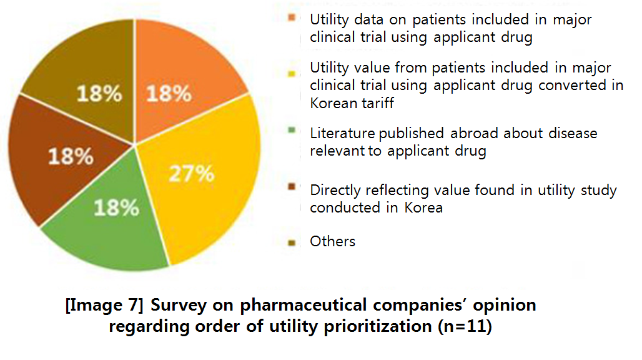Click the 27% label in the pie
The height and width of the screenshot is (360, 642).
point(192,173)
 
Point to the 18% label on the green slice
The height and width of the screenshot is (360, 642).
point(116,207)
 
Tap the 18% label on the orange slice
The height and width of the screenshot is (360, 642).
point(168,94)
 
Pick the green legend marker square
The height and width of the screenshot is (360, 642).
point(292,131)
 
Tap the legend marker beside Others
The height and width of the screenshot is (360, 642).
point(292,242)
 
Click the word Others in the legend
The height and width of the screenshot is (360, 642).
point(332,241)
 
